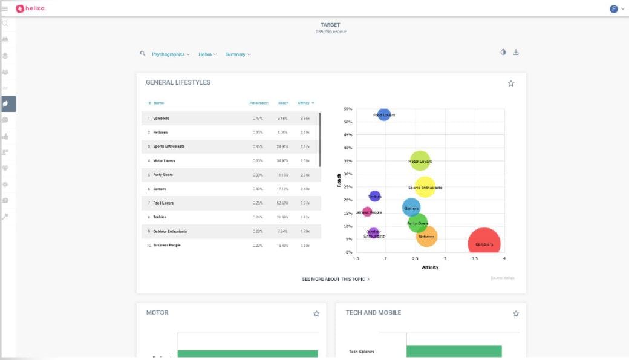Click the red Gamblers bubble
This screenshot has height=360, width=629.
(x=484, y=244)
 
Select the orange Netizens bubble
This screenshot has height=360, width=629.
(x=426, y=237)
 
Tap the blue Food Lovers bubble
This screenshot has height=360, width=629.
(x=384, y=114)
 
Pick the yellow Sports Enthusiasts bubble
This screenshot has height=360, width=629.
(x=425, y=188)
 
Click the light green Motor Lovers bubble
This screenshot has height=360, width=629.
(x=420, y=162)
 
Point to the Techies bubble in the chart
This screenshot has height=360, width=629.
(x=375, y=197)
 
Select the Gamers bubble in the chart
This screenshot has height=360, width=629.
(x=411, y=208)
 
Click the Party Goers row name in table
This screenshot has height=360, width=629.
(x=163, y=174)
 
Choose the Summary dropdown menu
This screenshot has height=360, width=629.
(x=238, y=54)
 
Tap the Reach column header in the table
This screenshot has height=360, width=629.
(x=283, y=103)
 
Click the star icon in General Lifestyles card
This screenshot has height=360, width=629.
(x=511, y=83)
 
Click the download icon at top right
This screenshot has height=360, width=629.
(x=516, y=53)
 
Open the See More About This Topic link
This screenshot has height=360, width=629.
(x=336, y=279)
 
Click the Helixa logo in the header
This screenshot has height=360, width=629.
(x=30, y=8)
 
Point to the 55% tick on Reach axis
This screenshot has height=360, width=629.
(x=348, y=109)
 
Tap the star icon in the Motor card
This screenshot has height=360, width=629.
(x=316, y=313)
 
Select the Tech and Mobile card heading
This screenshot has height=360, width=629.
(x=373, y=313)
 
